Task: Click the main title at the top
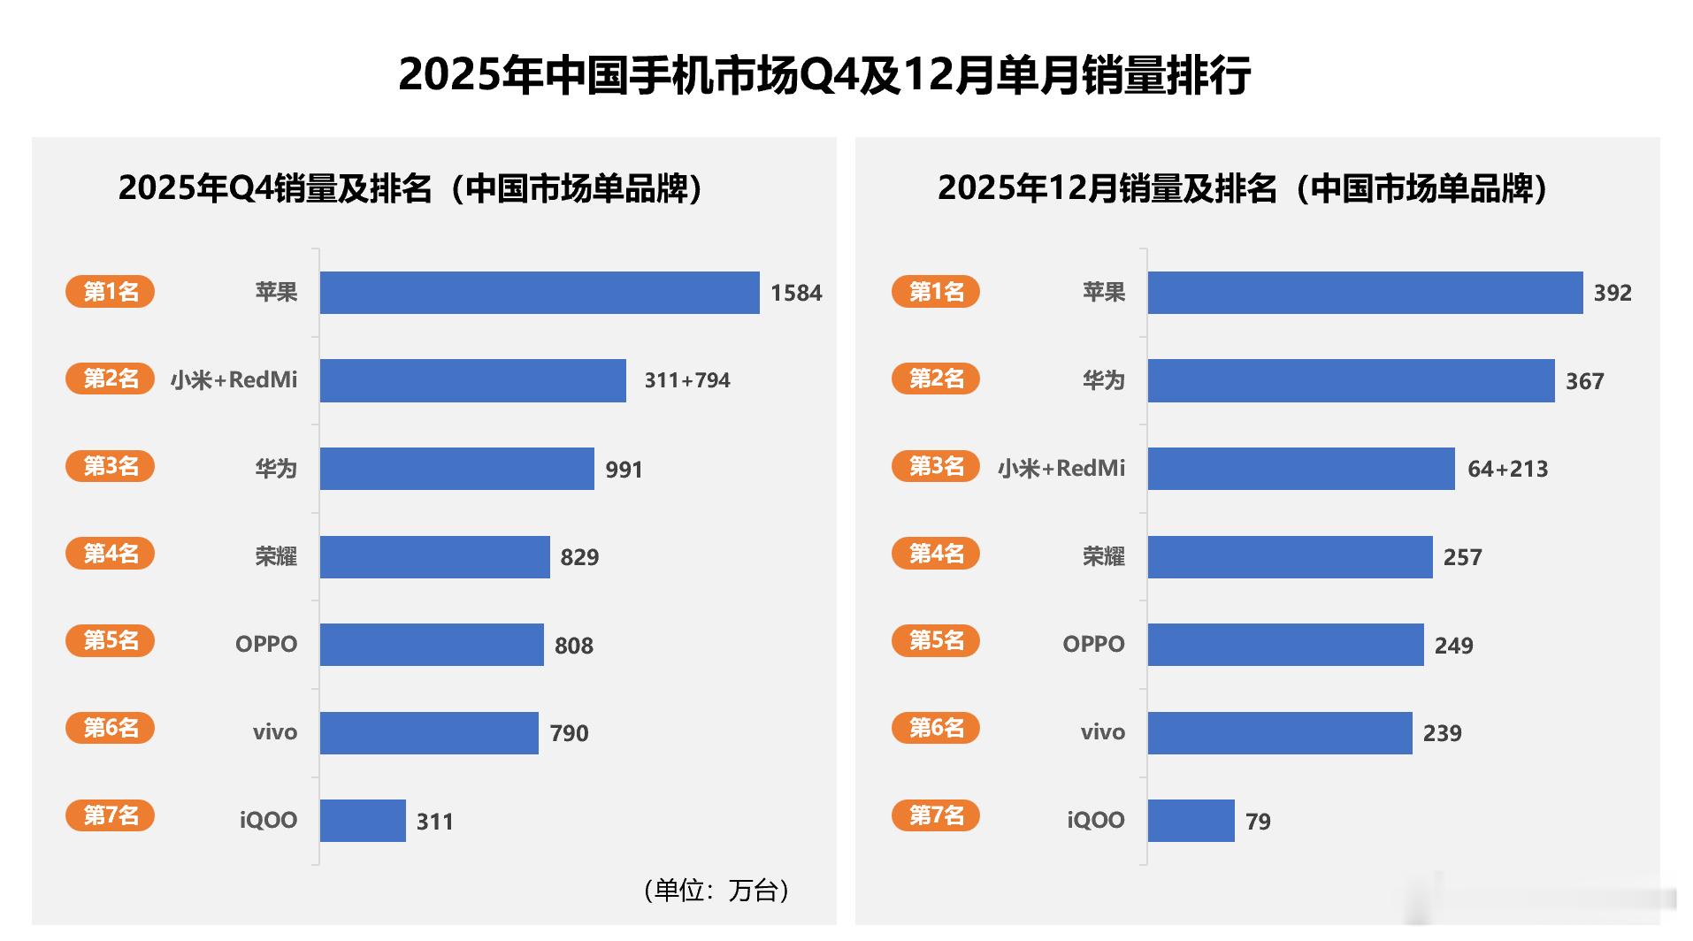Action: click(x=824, y=75)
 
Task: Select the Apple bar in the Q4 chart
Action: click(x=540, y=293)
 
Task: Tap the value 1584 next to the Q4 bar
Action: click(x=796, y=293)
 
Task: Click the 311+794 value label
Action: click(x=687, y=380)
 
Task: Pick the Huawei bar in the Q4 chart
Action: click(x=456, y=469)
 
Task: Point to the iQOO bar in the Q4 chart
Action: click(x=363, y=821)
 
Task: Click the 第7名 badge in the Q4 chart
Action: click(x=111, y=815)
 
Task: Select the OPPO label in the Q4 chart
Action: click(x=266, y=644)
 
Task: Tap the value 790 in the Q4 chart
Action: click(x=569, y=733)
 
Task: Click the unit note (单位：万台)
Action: click(x=716, y=890)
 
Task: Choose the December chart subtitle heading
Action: click(x=1243, y=188)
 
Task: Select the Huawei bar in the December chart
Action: click(x=1351, y=381)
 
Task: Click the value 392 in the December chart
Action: click(x=1613, y=293)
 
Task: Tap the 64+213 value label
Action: click(x=1508, y=469)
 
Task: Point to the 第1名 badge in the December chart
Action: click(x=936, y=291)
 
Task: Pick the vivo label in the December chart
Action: click(x=1102, y=732)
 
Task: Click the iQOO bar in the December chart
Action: click(x=1191, y=821)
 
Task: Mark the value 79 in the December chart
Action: click(x=1258, y=822)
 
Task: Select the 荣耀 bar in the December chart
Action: click(x=1290, y=557)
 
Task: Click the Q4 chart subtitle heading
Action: click(x=410, y=188)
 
